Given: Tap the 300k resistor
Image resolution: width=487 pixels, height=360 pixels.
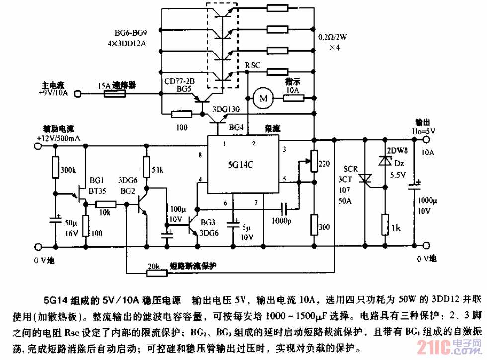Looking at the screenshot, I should coord(55,168).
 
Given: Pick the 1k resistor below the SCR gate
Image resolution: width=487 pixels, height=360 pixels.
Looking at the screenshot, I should coord(385,224).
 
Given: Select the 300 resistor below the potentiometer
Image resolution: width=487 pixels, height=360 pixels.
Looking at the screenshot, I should coord(314,224).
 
